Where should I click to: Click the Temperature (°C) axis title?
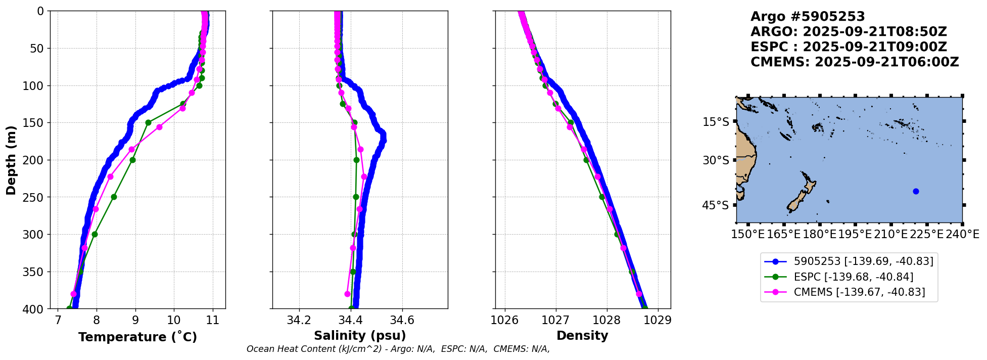(137, 337)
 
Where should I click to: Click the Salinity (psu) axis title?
(360, 336)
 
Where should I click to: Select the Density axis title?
(582, 336)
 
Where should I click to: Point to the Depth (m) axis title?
(11, 160)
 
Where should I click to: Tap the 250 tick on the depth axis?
(35, 197)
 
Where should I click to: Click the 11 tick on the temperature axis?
(213, 321)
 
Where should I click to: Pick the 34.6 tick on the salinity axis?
(402, 321)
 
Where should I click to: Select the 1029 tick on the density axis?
(657, 321)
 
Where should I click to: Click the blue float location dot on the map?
(916, 191)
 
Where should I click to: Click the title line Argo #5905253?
(808, 17)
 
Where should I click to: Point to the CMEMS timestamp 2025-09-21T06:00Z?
(886, 62)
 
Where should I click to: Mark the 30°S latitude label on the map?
(716, 160)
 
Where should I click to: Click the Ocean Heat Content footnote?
(398, 349)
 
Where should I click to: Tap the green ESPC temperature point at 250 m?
(114, 197)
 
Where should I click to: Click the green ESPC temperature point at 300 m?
(95, 234)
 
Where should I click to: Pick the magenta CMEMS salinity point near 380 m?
(347, 294)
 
